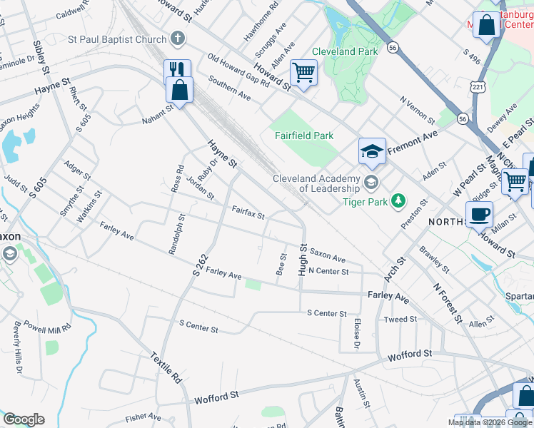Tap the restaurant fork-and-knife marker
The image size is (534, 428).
pyautogui.click(x=177, y=70)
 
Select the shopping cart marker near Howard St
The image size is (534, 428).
pyautogui.click(x=304, y=72)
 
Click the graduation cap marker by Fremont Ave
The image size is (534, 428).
pyautogui.click(x=372, y=151)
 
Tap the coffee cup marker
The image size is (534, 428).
pyautogui.click(x=479, y=213)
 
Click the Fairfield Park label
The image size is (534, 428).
pyautogui.click(x=305, y=136)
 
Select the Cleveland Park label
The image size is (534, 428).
pyautogui.click(x=349, y=52)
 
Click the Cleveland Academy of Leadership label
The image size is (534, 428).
pyautogui.click(x=316, y=183)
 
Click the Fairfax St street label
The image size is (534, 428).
pyautogui.click(x=248, y=212)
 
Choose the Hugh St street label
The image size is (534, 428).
pyautogui.click(x=303, y=260)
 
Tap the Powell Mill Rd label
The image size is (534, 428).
pyautogui.click(x=49, y=327)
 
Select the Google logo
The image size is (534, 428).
pyautogui.click(x=24, y=419)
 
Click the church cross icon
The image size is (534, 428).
pyautogui.click(x=178, y=39)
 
